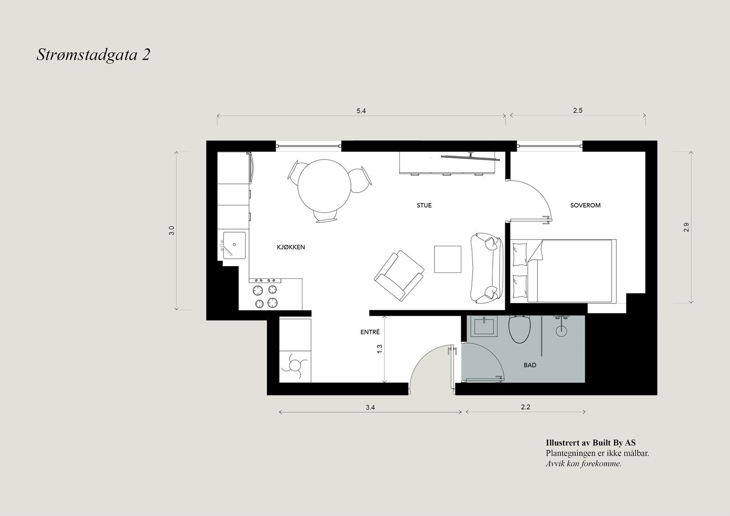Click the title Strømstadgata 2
coord(93,55)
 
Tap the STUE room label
coord(424,205)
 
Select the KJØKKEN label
coord(291,247)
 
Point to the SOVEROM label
coord(585,205)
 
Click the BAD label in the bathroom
coord(530,365)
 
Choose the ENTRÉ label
coord(370,333)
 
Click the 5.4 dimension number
coord(361,111)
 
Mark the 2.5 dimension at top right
coord(578,110)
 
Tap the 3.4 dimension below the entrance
coord(370,407)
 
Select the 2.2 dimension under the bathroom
coord(525,407)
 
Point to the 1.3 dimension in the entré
coord(379,349)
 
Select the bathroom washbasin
coord(485,327)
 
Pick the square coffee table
coord(448,259)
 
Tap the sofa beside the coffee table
coord(485,268)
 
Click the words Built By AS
coord(613,443)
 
